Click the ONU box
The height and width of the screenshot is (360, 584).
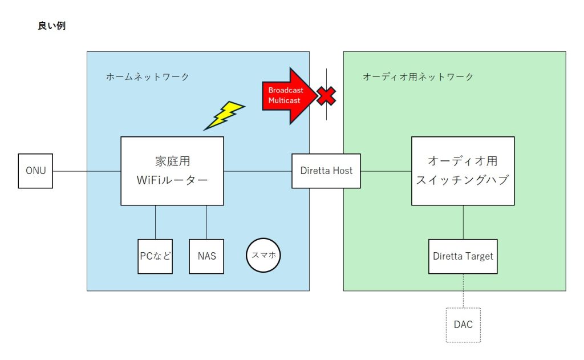(35, 171)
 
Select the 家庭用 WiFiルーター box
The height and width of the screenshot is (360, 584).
(172, 171)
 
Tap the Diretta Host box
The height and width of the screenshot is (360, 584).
(326, 171)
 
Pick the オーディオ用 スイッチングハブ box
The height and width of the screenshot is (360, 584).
(463, 171)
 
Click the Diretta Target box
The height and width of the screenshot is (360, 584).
(463, 256)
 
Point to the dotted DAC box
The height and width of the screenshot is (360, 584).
(463, 325)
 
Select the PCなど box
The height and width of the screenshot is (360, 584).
(155, 256)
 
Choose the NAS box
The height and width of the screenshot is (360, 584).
(206, 256)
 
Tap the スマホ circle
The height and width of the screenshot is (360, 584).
(263, 256)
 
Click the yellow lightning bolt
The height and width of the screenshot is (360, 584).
(224, 115)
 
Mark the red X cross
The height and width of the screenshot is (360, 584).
(326, 96)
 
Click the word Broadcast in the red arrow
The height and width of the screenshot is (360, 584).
(286, 90)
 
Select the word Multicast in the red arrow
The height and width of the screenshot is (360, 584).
(285, 100)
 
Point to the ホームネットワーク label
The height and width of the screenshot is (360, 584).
(148, 76)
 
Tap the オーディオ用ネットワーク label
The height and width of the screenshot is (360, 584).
(418, 76)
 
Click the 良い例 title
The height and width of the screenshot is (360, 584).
(51, 26)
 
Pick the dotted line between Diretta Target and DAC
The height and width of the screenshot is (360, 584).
(463, 291)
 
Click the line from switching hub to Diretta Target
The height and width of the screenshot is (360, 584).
(463, 222)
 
